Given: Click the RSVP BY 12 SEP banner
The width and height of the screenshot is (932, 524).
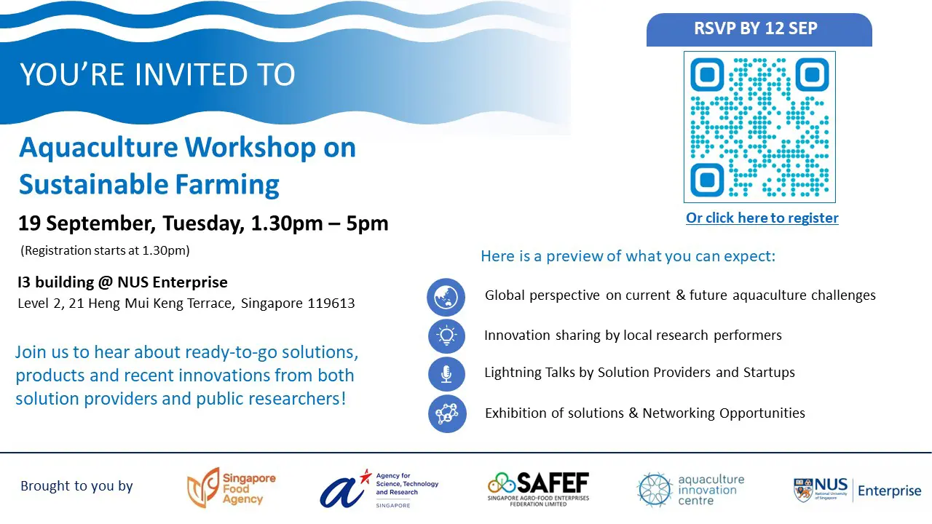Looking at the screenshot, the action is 759,30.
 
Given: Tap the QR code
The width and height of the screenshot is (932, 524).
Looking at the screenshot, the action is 759,127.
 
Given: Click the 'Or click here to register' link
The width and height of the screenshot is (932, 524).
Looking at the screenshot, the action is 762,218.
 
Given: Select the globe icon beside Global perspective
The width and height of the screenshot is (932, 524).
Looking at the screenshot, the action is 446,297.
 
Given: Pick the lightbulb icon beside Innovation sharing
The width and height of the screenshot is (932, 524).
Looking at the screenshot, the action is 446,336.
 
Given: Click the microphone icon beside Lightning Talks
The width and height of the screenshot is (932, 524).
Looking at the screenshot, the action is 446,374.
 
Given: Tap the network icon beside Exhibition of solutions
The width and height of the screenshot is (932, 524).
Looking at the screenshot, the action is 447,414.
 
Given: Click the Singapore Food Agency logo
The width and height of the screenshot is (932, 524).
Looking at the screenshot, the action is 232,488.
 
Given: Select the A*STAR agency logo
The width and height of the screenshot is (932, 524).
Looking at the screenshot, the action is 379,488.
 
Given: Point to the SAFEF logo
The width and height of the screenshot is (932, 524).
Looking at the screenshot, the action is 538,489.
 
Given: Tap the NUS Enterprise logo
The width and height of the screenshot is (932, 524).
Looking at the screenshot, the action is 858,490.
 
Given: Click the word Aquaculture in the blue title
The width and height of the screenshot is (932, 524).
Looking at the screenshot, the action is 98,148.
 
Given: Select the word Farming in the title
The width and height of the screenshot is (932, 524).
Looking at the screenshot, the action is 226,185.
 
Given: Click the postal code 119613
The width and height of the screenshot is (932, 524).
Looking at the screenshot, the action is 331,303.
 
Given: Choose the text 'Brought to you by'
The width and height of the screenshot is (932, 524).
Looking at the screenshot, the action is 76,485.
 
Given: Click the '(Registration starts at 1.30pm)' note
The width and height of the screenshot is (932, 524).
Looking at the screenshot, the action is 105,250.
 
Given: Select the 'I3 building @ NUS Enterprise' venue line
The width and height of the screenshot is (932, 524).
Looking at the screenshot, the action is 122,282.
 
